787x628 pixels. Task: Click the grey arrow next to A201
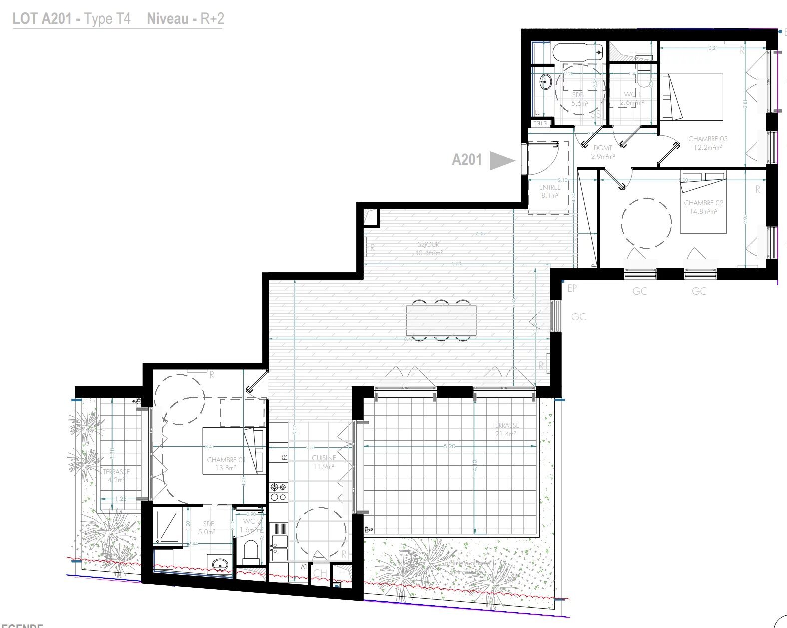click(x=501, y=160)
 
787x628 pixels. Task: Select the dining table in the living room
click(x=441, y=320)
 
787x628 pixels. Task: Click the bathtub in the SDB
click(x=578, y=52)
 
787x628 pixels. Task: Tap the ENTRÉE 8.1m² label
click(x=549, y=191)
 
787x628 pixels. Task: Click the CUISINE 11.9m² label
click(x=324, y=462)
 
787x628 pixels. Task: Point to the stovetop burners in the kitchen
click(x=278, y=491)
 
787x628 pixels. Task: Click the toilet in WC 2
click(x=250, y=550)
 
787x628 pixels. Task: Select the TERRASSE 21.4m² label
click(x=505, y=429)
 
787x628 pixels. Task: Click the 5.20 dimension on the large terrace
click(x=449, y=446)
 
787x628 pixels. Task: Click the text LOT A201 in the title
click(x=42, y=19)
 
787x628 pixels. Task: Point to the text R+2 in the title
click(x=212, y=19)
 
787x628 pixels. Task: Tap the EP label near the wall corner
click(x=572, y=288)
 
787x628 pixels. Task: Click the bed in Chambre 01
click(x=233, y=451)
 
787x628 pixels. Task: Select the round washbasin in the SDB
click(x=545, y=81)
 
